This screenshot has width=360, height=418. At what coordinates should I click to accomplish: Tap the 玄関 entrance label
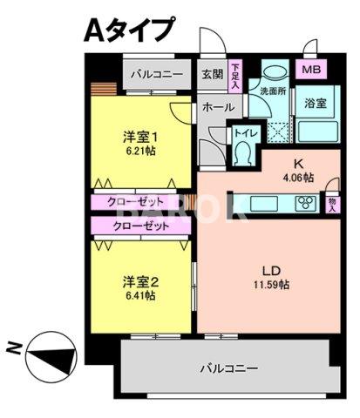[212, 75]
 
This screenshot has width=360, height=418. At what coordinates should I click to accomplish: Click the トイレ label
[244, 134]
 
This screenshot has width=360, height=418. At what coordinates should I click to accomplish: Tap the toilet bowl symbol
[244, 153]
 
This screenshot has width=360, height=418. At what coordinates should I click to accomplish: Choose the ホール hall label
[217, 107]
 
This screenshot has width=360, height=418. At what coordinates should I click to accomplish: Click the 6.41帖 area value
[139, 295]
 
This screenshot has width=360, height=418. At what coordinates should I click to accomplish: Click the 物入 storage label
[332, 204]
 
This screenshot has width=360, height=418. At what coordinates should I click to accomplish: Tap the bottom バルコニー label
[228, 368]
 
